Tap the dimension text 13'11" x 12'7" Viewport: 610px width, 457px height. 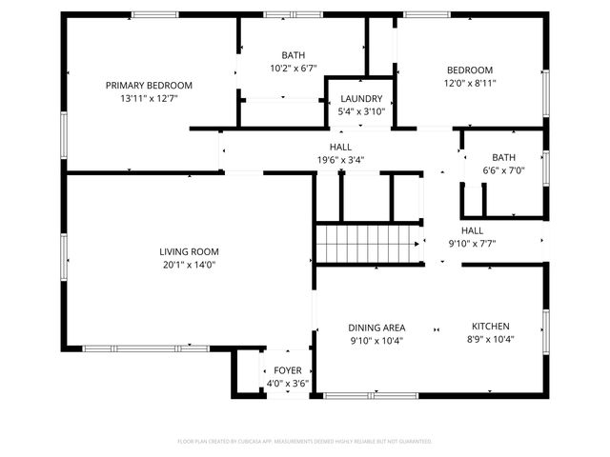[x=149, y=98]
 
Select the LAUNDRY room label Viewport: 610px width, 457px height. [x=360, y=99]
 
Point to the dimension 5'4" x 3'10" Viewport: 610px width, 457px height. [x=360, y=111]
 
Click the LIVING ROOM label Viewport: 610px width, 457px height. [x=188, y=251]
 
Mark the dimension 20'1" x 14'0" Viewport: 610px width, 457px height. [x=188, y=265]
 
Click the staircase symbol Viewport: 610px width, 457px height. [x=369, y=244]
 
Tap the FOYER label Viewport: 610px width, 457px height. [x=287, y=370]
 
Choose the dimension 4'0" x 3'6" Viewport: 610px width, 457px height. [x=287, y=383]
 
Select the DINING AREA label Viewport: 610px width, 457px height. [x=376, y=328]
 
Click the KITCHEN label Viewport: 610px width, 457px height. [x=490, y=327]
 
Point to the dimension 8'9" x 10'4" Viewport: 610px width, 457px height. [x=490, y=340]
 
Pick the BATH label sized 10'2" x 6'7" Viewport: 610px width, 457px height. [x=293, y=55]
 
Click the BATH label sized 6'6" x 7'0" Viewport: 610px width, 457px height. [x=503, y=158]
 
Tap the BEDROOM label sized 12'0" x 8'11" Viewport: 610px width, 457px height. [x=470, y=70]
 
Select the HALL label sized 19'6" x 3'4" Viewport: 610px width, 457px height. [x=340, y=148]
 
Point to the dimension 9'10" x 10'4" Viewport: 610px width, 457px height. [x=376, y=340]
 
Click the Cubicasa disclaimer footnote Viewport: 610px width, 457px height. [x=305, y=441]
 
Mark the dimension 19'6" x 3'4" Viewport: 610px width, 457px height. [x=340, y=160]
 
